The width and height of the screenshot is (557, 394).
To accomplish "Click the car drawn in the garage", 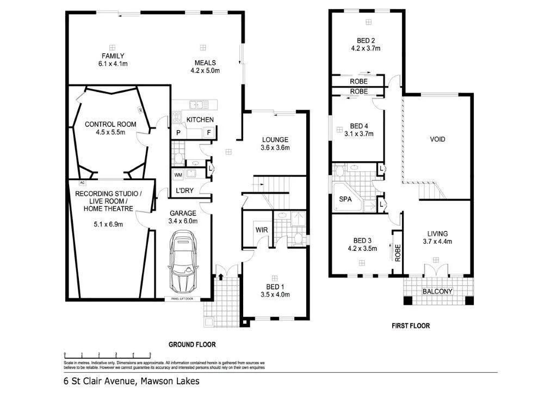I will [x=183, y=263].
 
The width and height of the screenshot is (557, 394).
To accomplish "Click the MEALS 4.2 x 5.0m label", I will [x=205, y=66].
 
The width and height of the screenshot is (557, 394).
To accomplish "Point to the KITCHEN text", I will [x=200, y=120].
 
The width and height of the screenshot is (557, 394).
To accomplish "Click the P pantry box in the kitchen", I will [x=178, y=132].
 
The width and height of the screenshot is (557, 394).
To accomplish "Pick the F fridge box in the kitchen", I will [x=208, y=132].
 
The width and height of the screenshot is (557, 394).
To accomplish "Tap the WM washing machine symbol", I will [x=178, y=175].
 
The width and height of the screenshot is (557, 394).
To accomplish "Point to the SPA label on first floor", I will [x=345, y=199].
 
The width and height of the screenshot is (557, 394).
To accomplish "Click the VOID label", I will [x=437, y=139].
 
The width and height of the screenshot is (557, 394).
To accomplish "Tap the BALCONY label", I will [x=437, y=292].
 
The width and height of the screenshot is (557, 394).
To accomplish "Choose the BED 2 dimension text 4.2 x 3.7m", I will [x=366, y=48].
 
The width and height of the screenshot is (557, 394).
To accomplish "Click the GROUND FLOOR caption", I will [x=191, y=344].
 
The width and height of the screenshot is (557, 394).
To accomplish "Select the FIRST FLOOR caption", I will [x=411, y=326].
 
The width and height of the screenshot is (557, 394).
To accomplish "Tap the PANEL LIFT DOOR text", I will [x=182, y=299].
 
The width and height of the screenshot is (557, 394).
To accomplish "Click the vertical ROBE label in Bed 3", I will [x=398, y=253].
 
